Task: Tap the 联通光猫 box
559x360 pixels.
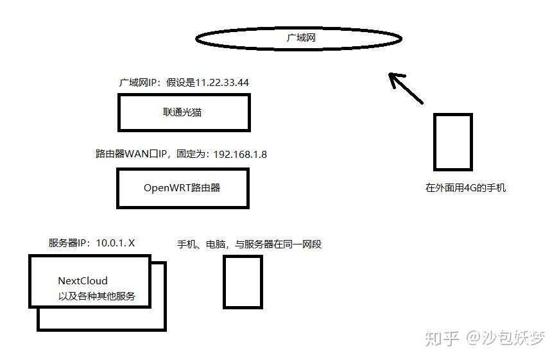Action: (x=183, y=112)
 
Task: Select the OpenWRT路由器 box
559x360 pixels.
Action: (x=183, y=188)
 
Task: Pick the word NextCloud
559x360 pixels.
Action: (x=83, y=280)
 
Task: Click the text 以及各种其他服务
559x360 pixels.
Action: (x=96, y=296)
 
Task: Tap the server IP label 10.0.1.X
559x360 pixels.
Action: (x=116, y=243)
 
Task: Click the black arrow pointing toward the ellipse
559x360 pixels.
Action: (x=405, y=87)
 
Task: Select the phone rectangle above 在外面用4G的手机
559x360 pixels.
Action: (x=452, y=142)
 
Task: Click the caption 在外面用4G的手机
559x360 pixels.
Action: (x=465, y=188)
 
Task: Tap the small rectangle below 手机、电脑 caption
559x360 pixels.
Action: (x=243, y=281)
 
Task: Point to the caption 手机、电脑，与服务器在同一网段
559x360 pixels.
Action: (x=249, y=244)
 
